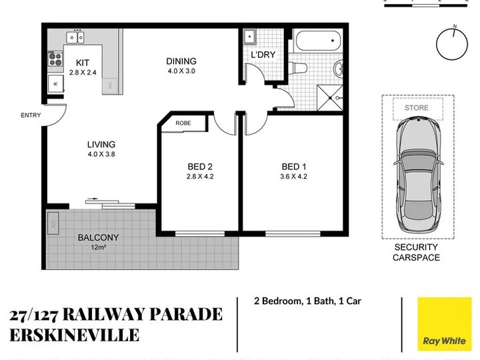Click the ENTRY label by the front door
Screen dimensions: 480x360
coord(31,115)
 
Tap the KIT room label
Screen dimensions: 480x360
coord(83,63)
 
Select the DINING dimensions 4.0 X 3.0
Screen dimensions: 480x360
coord(181,71)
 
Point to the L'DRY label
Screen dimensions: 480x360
coord(263,55)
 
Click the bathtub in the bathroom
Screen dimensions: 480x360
coord(319,41)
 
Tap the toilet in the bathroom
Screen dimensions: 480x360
coord(298,68)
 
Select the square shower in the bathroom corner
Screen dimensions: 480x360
coord(330,97)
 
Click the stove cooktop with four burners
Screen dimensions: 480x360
coord(55,59)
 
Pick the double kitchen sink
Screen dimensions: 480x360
coord(75,37)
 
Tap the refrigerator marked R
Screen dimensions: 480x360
coord(56,83)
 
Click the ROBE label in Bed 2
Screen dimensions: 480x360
coord(183,123)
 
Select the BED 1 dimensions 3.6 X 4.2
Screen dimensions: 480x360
coord(293,177)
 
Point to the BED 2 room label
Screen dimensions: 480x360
coord(200,167)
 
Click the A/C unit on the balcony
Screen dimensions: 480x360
coord(53,223)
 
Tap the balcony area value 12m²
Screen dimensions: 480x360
coord(98,247)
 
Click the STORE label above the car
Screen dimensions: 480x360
coord(416,108)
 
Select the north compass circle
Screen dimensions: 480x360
coord(452,44)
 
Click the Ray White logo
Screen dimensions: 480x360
coord(445,324)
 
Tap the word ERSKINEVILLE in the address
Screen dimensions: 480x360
coord(75,335)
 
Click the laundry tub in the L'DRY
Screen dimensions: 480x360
coord(250,37)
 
